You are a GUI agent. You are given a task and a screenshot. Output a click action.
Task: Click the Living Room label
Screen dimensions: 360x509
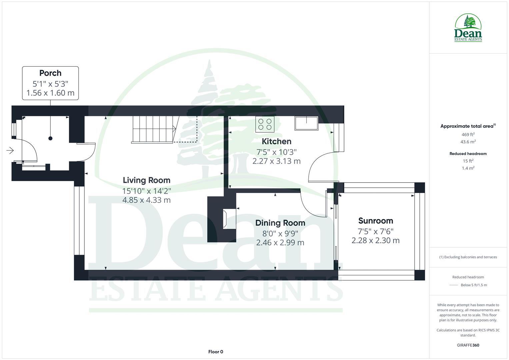146,180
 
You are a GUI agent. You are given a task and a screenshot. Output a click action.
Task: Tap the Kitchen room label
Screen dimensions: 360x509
276,141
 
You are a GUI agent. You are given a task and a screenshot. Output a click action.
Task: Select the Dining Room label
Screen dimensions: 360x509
280,223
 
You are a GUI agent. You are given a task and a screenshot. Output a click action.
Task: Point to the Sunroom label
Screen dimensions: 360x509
375,221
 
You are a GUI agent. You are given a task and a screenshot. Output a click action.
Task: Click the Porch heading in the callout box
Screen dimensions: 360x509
50,73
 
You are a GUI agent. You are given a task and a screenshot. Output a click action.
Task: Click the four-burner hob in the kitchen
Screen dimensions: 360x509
265,124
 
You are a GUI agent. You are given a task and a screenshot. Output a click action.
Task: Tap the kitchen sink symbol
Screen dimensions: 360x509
306,123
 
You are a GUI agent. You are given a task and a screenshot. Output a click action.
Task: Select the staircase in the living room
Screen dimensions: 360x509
154,129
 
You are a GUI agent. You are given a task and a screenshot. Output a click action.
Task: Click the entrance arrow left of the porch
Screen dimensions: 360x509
10,151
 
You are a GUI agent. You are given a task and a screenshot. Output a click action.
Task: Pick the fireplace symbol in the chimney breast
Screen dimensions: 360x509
229,219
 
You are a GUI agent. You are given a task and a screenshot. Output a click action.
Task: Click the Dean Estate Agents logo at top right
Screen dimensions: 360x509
468,28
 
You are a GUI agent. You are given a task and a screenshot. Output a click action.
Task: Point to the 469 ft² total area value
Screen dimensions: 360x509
468,135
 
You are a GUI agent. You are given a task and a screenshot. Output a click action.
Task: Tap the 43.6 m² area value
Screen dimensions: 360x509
468,142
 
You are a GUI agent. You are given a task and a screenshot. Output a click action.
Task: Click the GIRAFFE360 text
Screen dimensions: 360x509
468,345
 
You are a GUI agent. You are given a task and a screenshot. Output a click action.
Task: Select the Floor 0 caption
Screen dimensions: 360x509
216,352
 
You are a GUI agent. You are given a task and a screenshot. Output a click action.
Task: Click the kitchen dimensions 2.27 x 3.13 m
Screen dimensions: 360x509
276,161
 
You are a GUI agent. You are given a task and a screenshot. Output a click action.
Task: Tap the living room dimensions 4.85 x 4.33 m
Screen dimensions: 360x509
146,200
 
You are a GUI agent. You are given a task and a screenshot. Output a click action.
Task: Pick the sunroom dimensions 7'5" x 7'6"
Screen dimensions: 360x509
375,231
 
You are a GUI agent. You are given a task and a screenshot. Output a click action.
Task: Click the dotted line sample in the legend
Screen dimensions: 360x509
454,285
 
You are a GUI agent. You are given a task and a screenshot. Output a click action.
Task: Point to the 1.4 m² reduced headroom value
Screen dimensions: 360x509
468,168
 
